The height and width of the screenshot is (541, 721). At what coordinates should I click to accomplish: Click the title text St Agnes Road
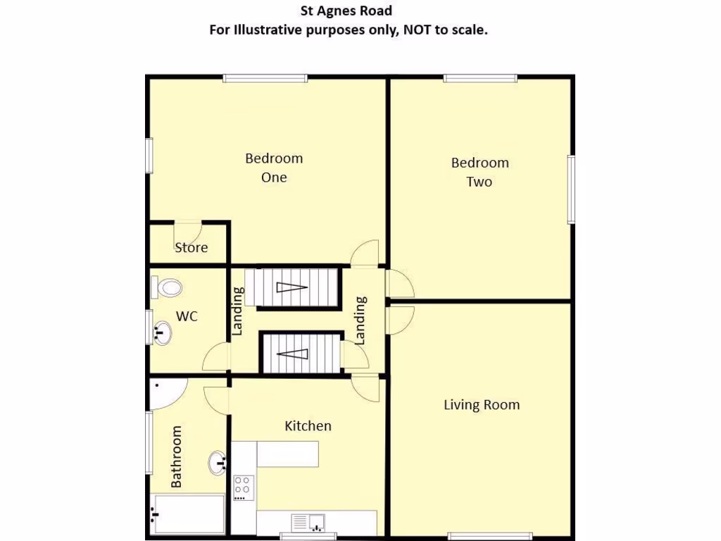[x=346, y=11]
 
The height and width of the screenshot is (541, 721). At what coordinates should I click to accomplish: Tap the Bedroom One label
[x=274, y=168]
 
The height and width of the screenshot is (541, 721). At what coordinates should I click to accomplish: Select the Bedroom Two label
[x=479, y=172]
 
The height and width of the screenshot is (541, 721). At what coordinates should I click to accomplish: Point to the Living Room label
[x=482, y=405]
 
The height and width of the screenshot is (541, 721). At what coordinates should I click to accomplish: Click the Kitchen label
[x=308, y=425]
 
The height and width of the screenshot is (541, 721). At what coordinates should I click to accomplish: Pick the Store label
[x=192, y=247]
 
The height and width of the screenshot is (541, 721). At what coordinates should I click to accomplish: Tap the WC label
[x=187, y=316]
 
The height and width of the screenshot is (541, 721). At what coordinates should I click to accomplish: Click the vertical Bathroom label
[x=176, y=456]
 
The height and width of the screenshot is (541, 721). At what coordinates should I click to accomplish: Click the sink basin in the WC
[x=161, y=332]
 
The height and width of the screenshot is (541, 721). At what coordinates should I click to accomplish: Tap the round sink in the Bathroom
[x=217, y=463]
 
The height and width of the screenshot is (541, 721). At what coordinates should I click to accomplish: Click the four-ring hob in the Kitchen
[x=243, y=487]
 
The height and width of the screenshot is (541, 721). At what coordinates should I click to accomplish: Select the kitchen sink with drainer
[x=308, y=523]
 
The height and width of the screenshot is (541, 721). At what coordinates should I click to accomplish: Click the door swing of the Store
[x=189, y=232]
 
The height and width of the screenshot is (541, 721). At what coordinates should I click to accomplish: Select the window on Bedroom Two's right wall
[x=572, y=189]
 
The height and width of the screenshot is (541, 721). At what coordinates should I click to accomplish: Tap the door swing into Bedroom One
[x=365, y=253]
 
